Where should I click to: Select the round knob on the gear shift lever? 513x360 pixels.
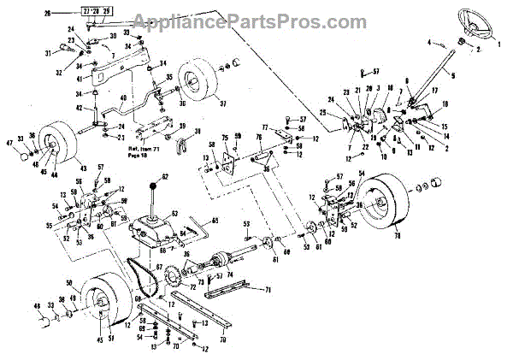click(154, 186)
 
